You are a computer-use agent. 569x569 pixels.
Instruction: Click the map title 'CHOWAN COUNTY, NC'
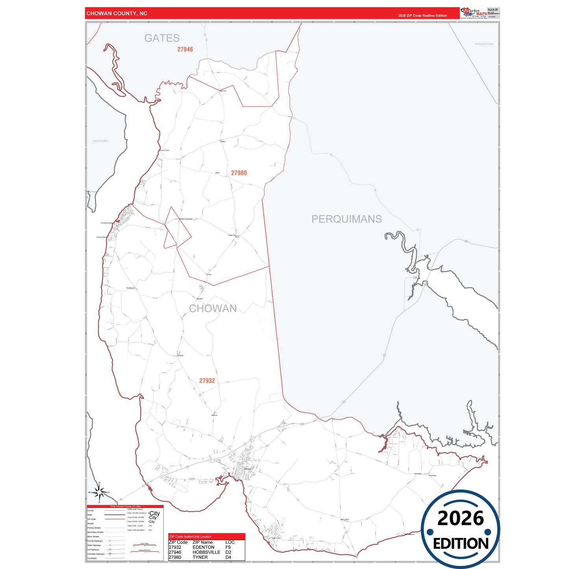[x=117, y=13]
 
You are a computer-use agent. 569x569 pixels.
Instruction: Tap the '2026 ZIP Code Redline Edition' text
[x=422, y=16]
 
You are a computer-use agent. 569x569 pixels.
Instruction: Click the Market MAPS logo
[x=473, y=13]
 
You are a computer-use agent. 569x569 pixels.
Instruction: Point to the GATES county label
[x=162, y=38]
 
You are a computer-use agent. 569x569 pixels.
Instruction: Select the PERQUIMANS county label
[x=347, y=219]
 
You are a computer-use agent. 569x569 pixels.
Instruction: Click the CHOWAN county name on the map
[x=213, y=308]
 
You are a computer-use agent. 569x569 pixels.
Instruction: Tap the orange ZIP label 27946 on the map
[x=185, y=50]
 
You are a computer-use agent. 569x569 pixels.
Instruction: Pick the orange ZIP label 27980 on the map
[x=239, y=173]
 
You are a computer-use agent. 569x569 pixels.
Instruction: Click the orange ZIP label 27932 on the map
[x=207, y=381]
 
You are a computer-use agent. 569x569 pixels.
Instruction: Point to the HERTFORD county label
[x=100, y=141]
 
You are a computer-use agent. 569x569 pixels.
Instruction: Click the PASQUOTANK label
[x=484, y=44]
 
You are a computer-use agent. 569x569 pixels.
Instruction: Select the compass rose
[x=100, y=492]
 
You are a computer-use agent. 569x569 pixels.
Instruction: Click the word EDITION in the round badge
[x=461, y=544]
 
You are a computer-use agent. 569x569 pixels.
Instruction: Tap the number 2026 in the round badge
[x=461, y=519]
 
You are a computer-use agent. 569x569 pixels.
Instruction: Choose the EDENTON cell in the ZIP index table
[x=204, y=547]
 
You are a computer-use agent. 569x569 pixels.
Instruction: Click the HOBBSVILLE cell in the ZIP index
[x=206, y=552]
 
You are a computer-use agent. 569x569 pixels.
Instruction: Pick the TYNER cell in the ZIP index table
[x=200, y=557]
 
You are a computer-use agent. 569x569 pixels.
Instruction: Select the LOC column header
[x=230, y=542]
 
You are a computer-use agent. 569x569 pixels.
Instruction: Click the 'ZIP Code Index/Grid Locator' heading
[x=190, y=537]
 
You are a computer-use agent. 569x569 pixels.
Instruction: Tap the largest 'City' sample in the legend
[x=155, y=513]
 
